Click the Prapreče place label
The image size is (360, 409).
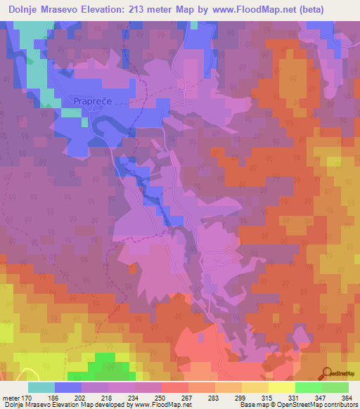[91, 101]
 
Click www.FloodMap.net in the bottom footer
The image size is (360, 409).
[162, 405]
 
